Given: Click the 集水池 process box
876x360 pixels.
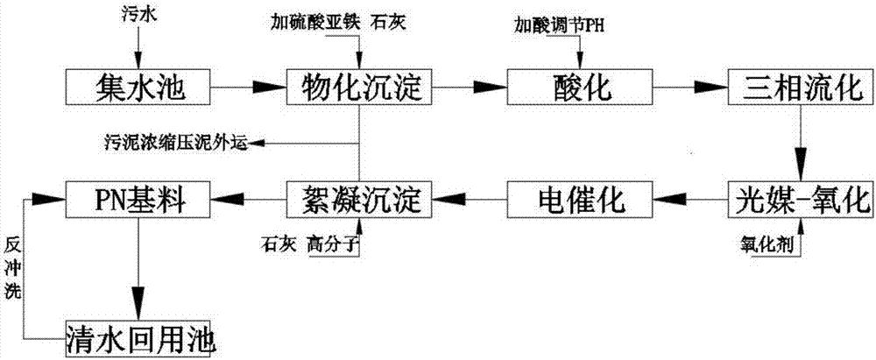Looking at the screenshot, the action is (x=138, y=87).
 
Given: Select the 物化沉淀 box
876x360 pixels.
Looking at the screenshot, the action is (x=360, y=87).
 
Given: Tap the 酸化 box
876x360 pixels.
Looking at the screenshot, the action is (x=580, y=87).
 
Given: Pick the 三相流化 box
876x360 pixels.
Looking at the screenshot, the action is (x=800, y=87).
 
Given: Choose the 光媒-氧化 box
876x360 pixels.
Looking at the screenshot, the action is (x=800, y=200).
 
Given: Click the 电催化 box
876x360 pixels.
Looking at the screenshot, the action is (x=580, y=200).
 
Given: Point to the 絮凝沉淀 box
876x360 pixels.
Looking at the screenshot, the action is (x=360, y=200).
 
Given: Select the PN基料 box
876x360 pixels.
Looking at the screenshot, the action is (x=138, y=200).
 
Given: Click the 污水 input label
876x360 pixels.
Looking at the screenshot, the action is (x=140, y=13).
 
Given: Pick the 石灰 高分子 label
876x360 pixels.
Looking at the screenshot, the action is (x=308, y=245).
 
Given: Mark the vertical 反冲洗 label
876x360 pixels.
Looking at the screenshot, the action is (x=12, y=265).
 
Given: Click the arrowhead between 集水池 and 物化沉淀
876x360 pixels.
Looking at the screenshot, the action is (x=268, y=87).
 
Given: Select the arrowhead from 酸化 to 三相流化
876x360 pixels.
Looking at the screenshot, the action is (x=709, y=87).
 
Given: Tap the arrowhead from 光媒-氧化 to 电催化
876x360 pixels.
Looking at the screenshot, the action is (x=672, y=200).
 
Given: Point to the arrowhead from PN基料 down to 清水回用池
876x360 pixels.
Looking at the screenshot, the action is (x=138, y=302).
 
